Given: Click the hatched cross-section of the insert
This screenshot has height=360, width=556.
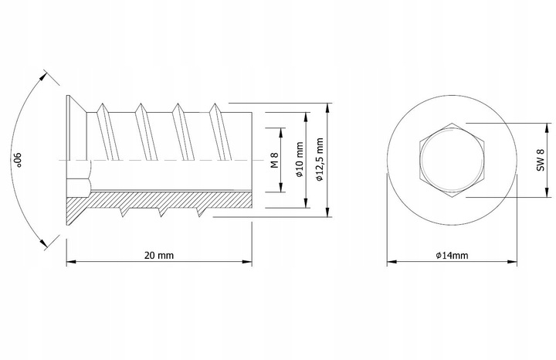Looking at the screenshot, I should [x=154, y=202].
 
